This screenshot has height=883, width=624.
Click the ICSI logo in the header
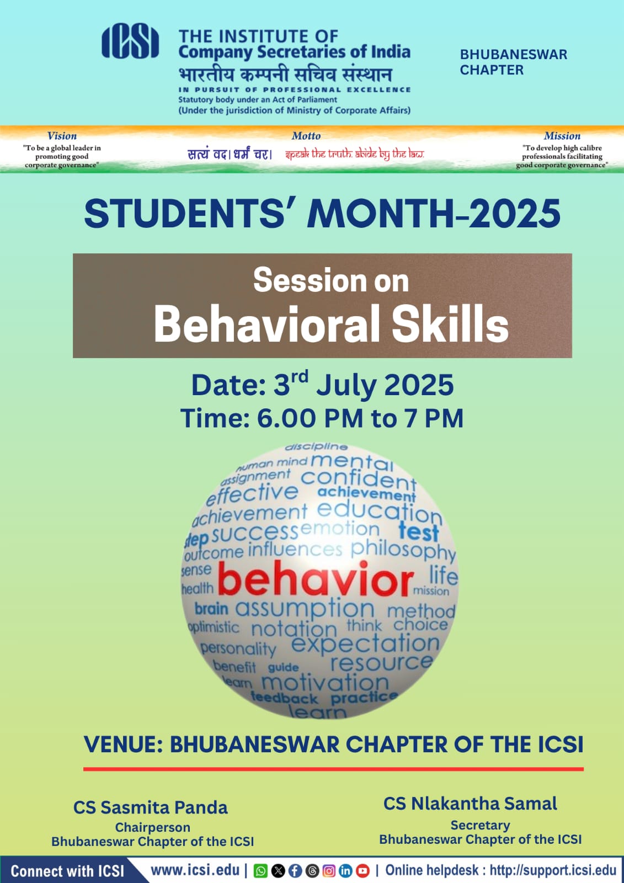click(x=130, y=41)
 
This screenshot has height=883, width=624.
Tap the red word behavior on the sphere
click(x=316, y=579)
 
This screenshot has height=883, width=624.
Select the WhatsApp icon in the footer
click(x=260, y=870)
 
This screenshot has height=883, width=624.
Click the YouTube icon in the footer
click(x=362, y=870)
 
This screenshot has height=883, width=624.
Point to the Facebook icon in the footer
click(x=295, y=870)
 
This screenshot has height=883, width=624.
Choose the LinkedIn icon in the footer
click(x=346, y=870)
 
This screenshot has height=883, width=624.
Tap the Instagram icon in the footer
click(x=329, y=870)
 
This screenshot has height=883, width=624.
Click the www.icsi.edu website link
click(x=195, y=870)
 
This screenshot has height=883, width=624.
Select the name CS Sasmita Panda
click(x=151, y=807)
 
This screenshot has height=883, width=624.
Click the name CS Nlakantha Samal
click(x=470, y=804)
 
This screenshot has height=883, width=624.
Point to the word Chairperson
click(x=152, y=827)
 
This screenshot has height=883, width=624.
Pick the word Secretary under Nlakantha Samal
click(x=480, y=825)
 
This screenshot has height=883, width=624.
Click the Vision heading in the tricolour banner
click(x=62, y=136)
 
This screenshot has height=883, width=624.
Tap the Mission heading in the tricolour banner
click(x=562, y=136)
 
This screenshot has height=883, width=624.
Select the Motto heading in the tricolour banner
click(x=306, y=136)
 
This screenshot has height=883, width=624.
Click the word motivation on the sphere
click(x=325, y=683)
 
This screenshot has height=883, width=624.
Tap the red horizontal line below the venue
click(x=333, y=769)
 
